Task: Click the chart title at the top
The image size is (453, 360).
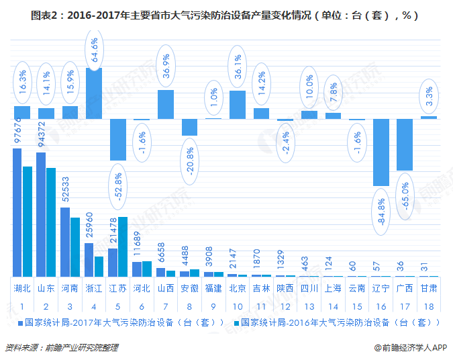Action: click(x=226, y=14)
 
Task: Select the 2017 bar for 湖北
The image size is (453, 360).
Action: click(x=17, y=212)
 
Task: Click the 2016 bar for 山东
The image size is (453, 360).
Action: click(x=51, y=222)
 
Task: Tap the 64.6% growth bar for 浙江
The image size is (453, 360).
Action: click(x=94, y=93)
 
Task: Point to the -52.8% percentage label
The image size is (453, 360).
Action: click(x=118, y=191)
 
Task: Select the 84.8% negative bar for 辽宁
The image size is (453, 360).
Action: click(x=382, y=152)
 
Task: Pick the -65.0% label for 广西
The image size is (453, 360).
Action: click(x=405, y=198)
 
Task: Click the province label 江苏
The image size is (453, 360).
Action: click(x=118, y=288)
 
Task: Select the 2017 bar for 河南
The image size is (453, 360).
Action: click(x=65, y=242)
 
